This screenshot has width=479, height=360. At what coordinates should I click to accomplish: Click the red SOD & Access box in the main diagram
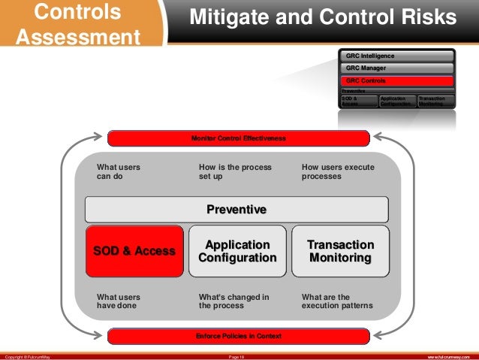[134, 251]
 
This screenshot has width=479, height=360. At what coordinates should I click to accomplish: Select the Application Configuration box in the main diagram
[237, 251]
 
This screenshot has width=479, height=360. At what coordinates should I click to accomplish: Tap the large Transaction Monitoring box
[340, 251]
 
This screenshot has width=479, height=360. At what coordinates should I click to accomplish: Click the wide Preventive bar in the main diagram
[236, 209]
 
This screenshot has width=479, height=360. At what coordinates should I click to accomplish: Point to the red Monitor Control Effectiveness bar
[239, 138]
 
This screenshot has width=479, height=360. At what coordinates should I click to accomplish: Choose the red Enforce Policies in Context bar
[239, 335]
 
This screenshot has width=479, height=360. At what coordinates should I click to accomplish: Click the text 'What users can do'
[119, 172]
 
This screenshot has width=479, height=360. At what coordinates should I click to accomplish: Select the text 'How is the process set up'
[234, 172]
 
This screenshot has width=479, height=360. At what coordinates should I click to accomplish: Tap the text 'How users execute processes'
[338, 172]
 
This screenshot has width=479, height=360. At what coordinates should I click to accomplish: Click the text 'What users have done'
[119, 301]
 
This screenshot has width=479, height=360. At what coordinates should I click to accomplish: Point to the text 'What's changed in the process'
[233, 301]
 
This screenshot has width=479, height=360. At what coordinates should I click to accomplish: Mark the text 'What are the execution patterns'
[337, 301]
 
